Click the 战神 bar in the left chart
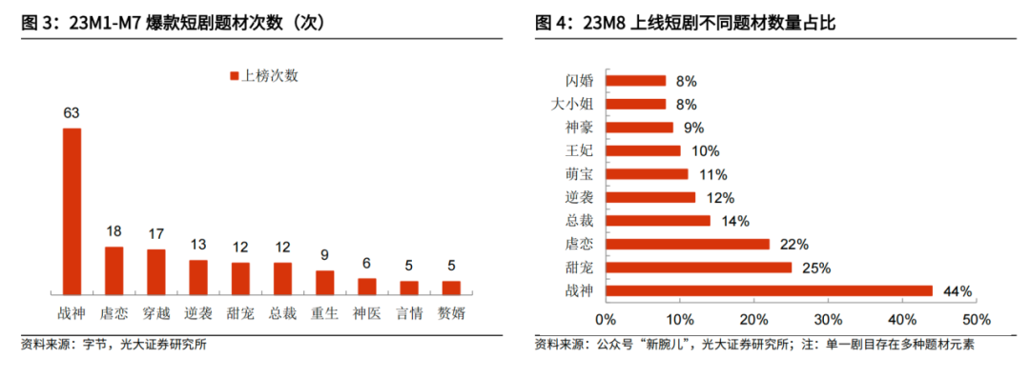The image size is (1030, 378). pos(72,210)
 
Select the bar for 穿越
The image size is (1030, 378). pos(156,271)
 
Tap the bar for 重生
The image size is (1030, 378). pos(325,282)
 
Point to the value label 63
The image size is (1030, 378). pos(72,113)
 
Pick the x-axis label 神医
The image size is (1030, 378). pos(367,312)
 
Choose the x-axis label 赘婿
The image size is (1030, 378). pos(451,312)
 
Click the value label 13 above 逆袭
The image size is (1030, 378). pos(198,245)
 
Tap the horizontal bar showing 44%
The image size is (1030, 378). pos(769,290)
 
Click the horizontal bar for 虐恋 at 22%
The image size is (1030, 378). pos(687,244)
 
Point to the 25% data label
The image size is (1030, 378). pos(816,268)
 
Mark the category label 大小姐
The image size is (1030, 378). pos(571,104)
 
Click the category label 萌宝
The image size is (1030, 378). pos(578,174)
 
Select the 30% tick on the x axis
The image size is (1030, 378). pos(829,319)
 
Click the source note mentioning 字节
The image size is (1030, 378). pos(113,345)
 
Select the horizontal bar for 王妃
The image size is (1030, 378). pos(643,150)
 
